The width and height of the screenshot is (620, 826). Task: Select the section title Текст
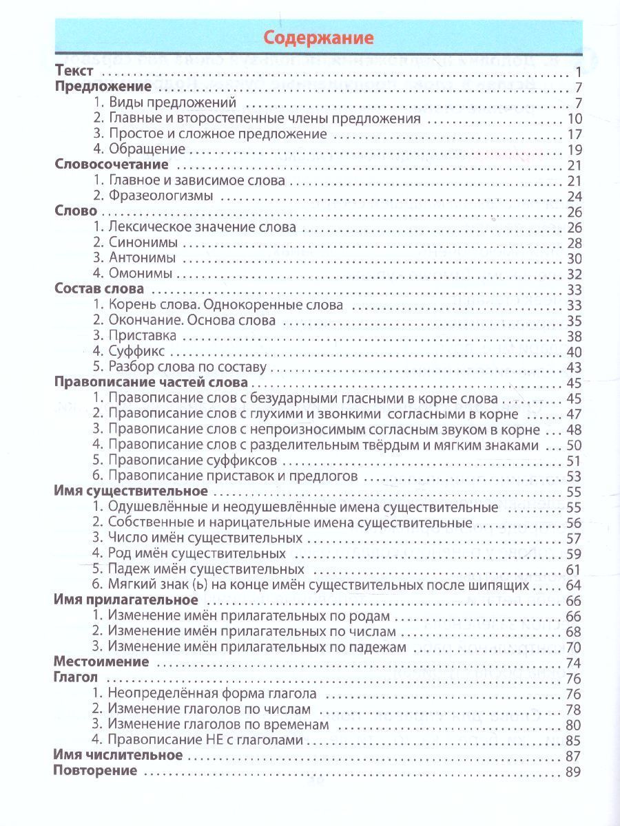coord(72,72)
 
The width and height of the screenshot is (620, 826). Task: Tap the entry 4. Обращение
coord(138,149)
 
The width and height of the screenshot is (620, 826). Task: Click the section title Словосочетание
coord(111,165)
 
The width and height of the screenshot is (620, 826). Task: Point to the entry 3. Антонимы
coord(134,258)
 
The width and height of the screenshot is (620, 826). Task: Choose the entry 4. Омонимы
coord(133,274)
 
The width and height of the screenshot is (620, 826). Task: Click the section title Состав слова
coord(99,289)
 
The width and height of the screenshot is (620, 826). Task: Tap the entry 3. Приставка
coord(134,336)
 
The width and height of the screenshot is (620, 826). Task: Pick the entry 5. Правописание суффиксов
coord(185,460)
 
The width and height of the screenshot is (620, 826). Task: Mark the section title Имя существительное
coord(130,491)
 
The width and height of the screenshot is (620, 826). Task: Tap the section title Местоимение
coord(101,662)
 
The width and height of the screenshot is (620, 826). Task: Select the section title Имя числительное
coord(118,756)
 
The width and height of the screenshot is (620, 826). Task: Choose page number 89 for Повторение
coord(574,772)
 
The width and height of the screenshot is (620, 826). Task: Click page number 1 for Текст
coord(579,72)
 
